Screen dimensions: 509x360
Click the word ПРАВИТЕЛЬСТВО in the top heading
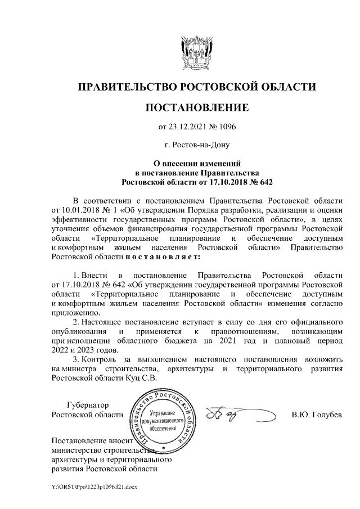(x=125, y=87)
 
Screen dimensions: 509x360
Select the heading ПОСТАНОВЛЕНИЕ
(x=197, y=107)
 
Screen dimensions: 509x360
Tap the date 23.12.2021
(x=191, y=127)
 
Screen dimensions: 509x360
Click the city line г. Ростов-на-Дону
(x=196, y=145)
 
